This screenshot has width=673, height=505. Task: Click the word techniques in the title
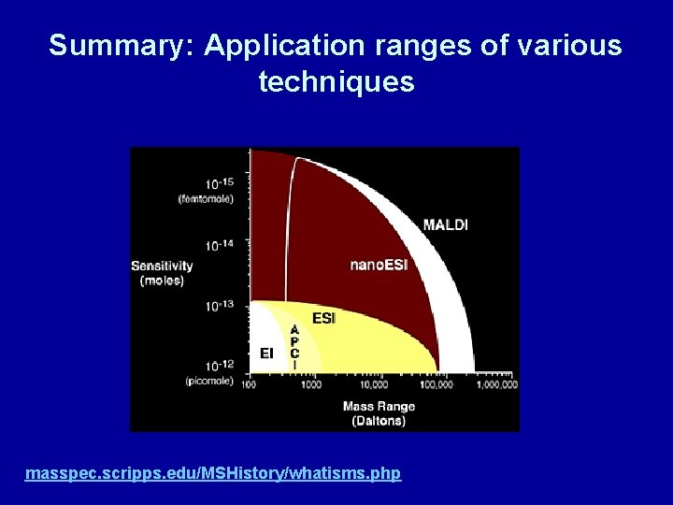coord(336,83)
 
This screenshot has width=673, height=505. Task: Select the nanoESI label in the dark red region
coord(379,265)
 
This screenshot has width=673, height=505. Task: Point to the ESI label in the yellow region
coord(323,319)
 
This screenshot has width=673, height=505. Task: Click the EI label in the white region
coord(266,353)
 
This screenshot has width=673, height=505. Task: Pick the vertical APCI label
coord(294,347)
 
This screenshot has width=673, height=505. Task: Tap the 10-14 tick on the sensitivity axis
coord(220,245)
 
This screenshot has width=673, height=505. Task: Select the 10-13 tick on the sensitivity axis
coord(220,306)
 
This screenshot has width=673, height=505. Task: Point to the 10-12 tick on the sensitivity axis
coord(220,366)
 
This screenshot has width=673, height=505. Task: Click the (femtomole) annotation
coord(206,198)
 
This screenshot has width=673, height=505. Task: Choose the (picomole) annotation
coord(209,381)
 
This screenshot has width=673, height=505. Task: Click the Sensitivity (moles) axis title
coord(162,273)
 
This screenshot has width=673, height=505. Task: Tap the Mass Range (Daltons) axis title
coord(379,413)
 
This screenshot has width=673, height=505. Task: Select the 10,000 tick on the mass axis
coord(373,384)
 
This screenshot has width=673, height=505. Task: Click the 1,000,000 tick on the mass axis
coord(496,384)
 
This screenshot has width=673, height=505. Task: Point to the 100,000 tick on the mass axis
coord(435,384)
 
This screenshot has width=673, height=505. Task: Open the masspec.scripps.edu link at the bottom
coord(213,474)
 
